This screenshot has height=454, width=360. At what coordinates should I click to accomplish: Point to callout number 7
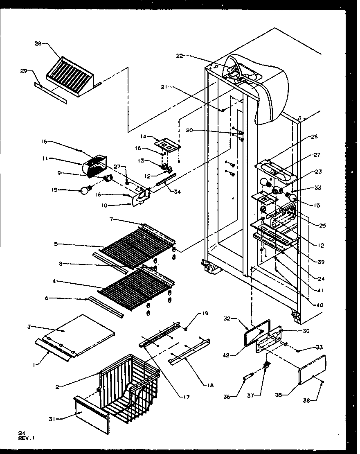(x=111, y=220)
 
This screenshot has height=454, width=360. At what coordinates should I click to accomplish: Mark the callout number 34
(x=177, y=191)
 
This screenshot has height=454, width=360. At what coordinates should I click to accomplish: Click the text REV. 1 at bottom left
(x=26, y=438)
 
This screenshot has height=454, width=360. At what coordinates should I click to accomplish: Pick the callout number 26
(x=314, y=136)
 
